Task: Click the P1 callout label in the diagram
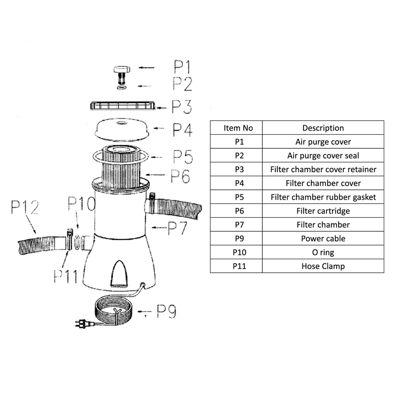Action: tap(182, 67)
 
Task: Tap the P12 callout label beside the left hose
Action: tap(25, 207)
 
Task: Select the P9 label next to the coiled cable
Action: tap(166, 312)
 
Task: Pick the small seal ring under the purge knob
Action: tap(121, 87)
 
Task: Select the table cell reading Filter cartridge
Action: tap(323, 211)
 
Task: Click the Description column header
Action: tap(323, 128)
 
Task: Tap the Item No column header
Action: tap(238, 128)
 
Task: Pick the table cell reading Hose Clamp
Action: tap(323, 266)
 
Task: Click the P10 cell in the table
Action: tap(239, 252)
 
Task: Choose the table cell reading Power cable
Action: tap(323, 238)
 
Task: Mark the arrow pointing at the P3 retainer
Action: tap(163, 107)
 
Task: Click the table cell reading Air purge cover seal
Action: tap(323, 156)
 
